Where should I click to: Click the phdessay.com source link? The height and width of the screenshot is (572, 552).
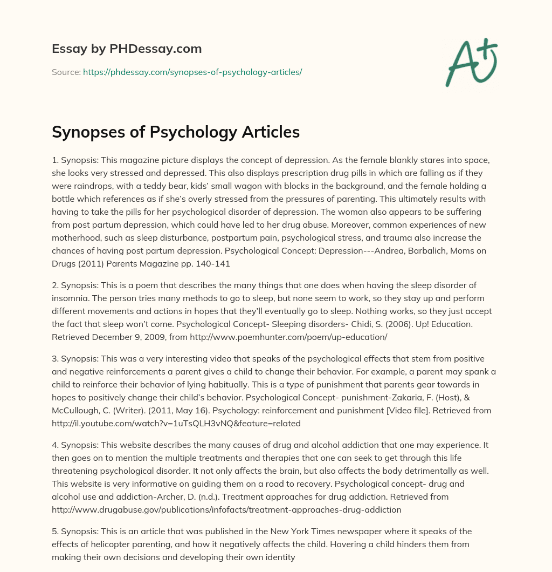192,72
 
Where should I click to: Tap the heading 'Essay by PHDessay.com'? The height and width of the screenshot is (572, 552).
127,49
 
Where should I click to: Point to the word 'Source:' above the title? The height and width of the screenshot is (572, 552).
66,72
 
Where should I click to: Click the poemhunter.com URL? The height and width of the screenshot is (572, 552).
216,337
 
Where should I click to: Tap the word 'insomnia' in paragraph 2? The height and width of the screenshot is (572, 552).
70,298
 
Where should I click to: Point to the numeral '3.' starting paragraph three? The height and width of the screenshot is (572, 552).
56,359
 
